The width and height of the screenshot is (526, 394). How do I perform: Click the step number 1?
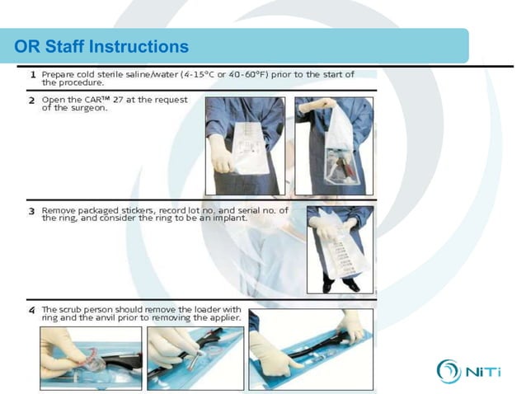[x=31, y=74]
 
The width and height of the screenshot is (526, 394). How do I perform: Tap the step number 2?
[x=31, y=101]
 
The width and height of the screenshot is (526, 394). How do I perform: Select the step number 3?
[x=31, y=211]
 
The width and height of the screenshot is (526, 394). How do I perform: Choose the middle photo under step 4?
[x=195, y=357]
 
